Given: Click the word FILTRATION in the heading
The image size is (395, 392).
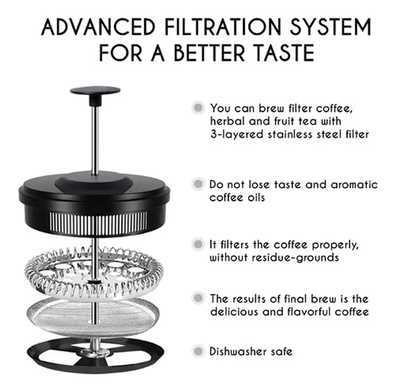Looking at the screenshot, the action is point(223,27).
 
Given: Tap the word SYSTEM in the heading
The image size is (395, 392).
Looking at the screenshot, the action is point(330,27).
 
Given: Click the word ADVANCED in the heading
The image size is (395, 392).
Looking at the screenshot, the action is point(98,27).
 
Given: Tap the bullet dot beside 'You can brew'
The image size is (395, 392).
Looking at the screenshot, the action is point(198,108).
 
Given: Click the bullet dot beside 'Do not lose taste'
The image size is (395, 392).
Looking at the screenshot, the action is point(198,184).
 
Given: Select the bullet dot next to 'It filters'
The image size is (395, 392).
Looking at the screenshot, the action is point(198,244).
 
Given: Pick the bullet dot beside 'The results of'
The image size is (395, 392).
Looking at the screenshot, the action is point(198,298).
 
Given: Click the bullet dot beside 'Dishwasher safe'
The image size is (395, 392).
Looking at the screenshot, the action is point(198,351).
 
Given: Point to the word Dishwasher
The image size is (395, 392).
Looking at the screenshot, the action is point(238,351).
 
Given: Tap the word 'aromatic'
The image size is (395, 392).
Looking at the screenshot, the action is point(354,184).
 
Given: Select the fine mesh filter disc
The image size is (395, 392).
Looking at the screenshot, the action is point(93,316).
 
